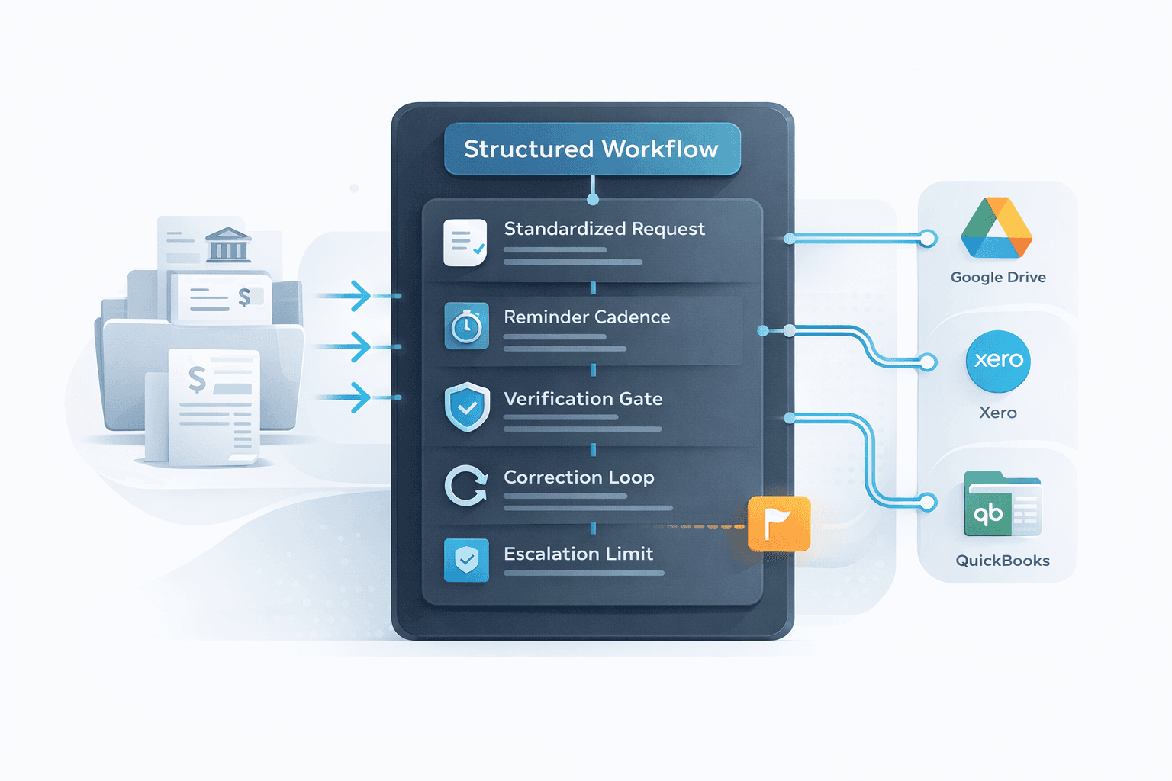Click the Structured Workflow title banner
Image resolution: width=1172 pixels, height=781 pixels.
pos(592,149)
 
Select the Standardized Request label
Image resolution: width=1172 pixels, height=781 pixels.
pos(604,229)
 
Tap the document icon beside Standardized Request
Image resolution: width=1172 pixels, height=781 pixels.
pos(465,243)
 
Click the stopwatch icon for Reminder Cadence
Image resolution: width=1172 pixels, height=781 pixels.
pos(466,326)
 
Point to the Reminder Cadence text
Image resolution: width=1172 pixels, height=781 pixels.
pos(587,317)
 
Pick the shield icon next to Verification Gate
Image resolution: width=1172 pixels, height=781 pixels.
pos(467,407)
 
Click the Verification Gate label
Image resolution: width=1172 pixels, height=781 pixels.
pos(583,399)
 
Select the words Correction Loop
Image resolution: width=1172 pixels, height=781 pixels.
pos(579,477)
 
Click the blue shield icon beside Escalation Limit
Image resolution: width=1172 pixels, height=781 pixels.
pos(466,561)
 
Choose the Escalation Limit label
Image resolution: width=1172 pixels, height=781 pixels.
pos(578,554)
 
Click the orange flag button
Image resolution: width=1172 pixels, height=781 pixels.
pos(778,523)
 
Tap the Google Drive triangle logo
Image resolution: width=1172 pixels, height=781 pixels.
pos(997,228)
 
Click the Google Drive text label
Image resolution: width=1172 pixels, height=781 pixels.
pos(998,278)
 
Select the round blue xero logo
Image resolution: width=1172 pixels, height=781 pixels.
pos(998,361)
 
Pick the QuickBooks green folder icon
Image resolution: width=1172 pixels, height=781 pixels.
pos(1002,504)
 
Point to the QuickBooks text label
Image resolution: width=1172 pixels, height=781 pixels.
pos(1003,561)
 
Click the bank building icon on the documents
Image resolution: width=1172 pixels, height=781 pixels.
pos(228,245)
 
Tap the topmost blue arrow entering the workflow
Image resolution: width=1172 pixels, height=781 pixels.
pos(352,295)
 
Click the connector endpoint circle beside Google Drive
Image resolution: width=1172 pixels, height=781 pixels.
pos(928,239)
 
